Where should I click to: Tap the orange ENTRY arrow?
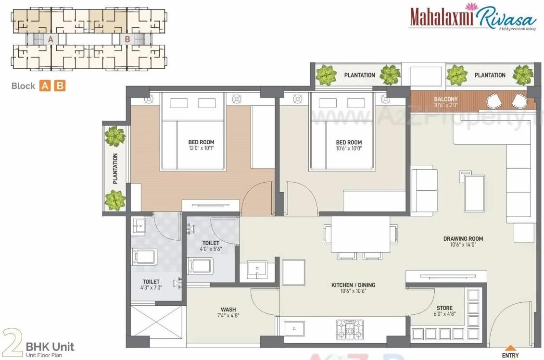(510, 348)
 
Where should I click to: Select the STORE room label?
(444, 308)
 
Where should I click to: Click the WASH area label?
(228, 310)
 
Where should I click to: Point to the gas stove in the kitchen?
(350, 330)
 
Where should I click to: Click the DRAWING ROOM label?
(463, 238)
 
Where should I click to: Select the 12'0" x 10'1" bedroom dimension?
(201, 149)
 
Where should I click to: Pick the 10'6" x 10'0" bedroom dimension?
(348, 149)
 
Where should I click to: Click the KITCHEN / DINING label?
(353, 285)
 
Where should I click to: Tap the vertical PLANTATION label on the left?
(115, 169)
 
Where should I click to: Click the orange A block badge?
(45, 86)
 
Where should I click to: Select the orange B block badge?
(60, 86)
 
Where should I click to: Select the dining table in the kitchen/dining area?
(360, 234)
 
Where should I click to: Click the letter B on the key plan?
(127, 39)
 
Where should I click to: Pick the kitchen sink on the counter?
(293, 329)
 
